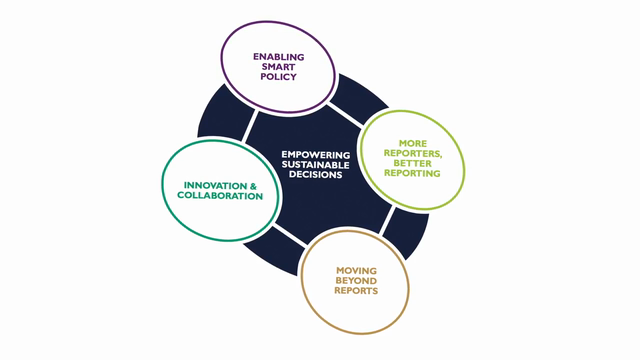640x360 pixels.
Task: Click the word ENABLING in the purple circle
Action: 279,57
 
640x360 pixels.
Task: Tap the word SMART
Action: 278,67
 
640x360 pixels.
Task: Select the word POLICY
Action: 279,77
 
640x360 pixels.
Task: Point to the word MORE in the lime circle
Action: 413,144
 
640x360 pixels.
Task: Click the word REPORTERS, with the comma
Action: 413,154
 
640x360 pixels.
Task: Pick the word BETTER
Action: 412,164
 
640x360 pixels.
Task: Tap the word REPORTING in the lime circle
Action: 412,173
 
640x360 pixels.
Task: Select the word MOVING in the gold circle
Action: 356,271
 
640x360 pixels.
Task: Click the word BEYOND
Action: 356,281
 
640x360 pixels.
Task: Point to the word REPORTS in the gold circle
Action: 356,291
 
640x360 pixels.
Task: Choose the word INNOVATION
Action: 215,186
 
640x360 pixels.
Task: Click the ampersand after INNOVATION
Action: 253,186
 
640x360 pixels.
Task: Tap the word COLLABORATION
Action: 220,196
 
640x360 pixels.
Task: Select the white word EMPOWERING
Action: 316,155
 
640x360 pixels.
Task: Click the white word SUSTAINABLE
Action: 316,165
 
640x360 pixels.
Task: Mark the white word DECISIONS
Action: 316,175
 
